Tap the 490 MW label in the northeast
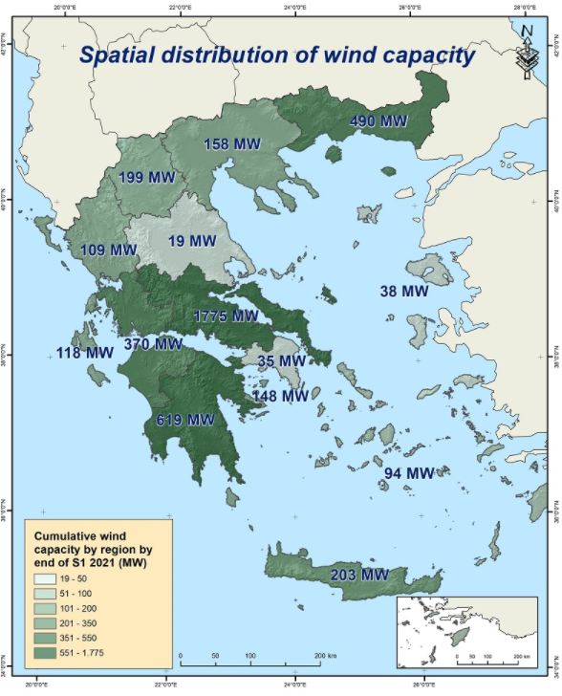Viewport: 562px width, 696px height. [378, 121]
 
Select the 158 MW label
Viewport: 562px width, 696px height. [232, 144]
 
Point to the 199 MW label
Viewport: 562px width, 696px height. [146, 179]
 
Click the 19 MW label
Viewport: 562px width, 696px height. [189, 241]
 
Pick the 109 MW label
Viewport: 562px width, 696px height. [109, 250]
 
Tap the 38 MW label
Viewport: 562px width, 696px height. [403, 291]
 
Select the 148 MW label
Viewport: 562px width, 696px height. [280, 396]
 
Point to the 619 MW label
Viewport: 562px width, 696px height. [185, 420]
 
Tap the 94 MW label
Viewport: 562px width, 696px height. [408, 473]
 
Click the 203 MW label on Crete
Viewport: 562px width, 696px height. [359, 576]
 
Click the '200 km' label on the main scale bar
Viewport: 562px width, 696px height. [326, 657]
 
